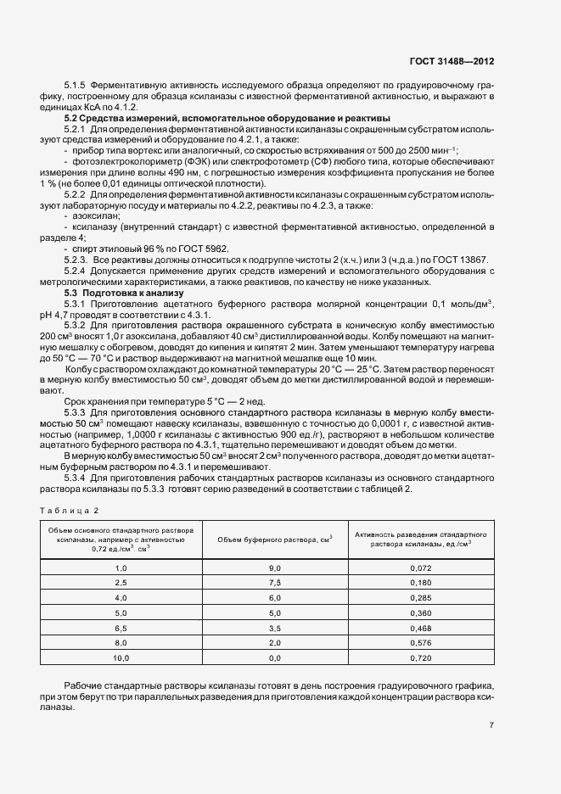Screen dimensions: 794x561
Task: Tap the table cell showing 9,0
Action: pos(274,567)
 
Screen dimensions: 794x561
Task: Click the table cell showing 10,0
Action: pos(121,657)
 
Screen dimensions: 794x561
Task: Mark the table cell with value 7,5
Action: pos(274,582)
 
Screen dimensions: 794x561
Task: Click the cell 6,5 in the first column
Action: pos(121,627)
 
